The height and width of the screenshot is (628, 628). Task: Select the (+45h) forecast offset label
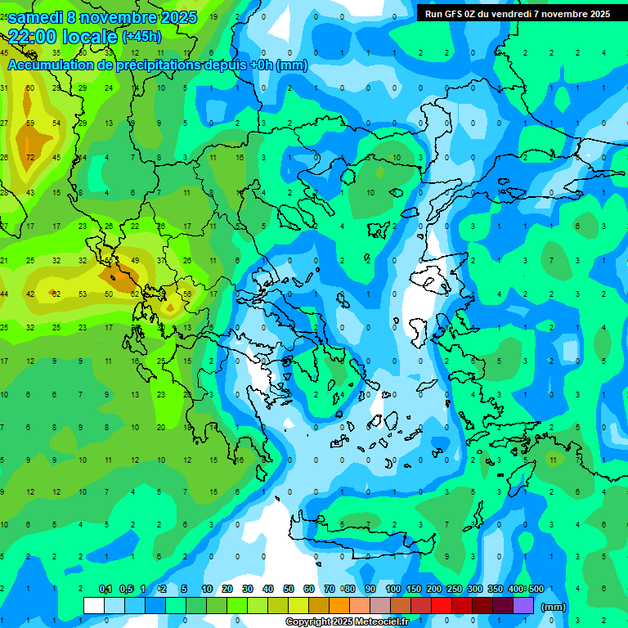tap(141, 37)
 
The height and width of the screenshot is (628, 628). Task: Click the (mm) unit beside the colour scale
tap(554, 607)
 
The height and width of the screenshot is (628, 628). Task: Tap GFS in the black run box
tap(453, 14)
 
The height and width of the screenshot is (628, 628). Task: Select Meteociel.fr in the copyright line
tap(384, 622)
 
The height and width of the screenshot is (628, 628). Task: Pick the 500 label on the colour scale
tap(536, 589)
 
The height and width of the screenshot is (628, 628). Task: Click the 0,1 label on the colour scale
tap(105, 589)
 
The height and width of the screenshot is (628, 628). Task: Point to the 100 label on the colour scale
tap(392, 589)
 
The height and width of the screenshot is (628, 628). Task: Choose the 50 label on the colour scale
tap(289, 589)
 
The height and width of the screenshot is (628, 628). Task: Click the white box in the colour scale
tap(94, 605)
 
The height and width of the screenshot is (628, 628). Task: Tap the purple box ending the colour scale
tap(523, 605)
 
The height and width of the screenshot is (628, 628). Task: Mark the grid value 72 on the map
tap(30, 157)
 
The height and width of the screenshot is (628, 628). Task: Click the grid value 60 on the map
tap(30, 88)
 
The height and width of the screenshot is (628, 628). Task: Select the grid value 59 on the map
tap(30, 123)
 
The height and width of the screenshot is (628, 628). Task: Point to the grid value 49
tap(135, 261)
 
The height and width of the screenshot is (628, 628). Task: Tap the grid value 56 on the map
tap(187, 294)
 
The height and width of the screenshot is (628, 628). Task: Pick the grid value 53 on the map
tap(83, 294)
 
